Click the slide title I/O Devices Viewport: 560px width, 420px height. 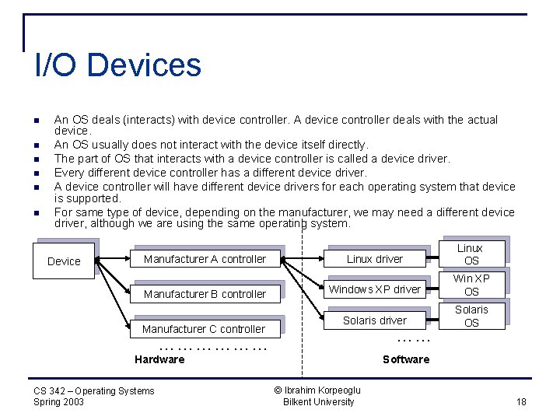point(118,65)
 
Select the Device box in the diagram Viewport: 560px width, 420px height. point(64,261)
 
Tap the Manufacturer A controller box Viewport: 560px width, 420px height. point(205,259)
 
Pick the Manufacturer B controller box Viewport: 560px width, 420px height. point(205,294)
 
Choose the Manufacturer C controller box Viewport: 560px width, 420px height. point(203,329)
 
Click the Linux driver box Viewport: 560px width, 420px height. point(375,259)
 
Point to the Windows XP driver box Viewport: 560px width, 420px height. point(374,289)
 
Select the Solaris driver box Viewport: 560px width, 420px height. point(375,320)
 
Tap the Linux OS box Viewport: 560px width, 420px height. point(470,254)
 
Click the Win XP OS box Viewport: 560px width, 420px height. point(471,285)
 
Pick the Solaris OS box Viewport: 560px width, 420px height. point(471,316)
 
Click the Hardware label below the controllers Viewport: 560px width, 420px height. point(159,359)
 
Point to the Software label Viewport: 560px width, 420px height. point(406,359)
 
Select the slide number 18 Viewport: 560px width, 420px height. point(521,401)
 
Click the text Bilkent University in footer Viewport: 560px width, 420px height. point(318,402)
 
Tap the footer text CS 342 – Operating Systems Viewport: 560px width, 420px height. point(94,390)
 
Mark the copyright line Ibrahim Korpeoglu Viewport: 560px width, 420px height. point(318,390)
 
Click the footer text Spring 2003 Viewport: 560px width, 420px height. point(59,402)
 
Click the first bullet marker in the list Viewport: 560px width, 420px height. point(36,120)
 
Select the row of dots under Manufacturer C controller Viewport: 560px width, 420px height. point(212,348)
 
